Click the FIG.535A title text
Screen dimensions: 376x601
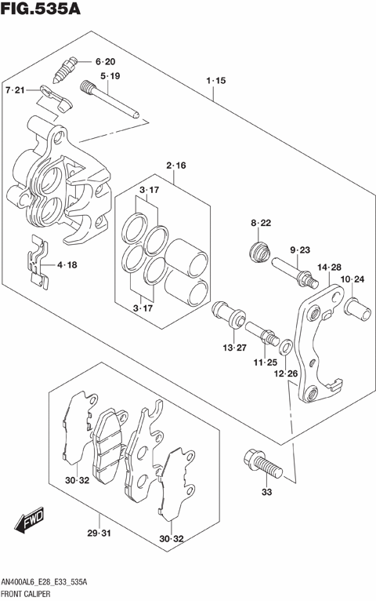[x=41, y=9]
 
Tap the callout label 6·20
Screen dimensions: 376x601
[x=105, y=62]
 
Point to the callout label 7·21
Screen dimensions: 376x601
[x=15, y=90]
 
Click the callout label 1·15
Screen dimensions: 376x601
[x=215, y=81]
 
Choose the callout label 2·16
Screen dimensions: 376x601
[x=176, y=166]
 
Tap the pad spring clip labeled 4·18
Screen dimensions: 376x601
[x=38, y=263]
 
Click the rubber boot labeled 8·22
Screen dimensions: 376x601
[x=259, y=253]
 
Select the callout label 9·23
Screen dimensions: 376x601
[x=299, y=250]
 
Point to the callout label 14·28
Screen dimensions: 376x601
[x=329, y=267]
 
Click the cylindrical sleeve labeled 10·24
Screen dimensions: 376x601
[x=357, y=310]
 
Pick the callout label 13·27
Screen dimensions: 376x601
[x=234, y=348]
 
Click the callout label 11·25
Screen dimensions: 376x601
[x=265, y=362]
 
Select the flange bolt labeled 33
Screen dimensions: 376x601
[x=262, y=464]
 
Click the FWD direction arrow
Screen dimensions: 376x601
[x=30, y=520]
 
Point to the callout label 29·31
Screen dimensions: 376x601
[x=99, y=533]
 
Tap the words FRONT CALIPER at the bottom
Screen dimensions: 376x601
[x=26, y=594]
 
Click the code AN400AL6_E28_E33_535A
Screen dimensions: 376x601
[x=44, y=583]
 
